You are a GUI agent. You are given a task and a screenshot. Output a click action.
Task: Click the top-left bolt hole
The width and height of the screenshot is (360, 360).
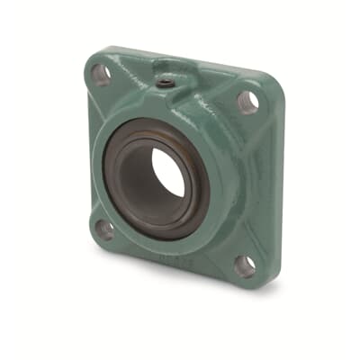pyautogui.click(x=102, y=75)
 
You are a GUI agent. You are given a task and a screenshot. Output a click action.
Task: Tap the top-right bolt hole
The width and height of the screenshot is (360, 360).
pyautogui.click(x=247, y=101)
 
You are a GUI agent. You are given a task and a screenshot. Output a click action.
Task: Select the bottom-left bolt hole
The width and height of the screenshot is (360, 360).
pyautogui.click(x=105, y=228)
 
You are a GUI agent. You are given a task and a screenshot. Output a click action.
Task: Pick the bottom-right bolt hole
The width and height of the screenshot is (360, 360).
pyautogui.click(x=245, y=265)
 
